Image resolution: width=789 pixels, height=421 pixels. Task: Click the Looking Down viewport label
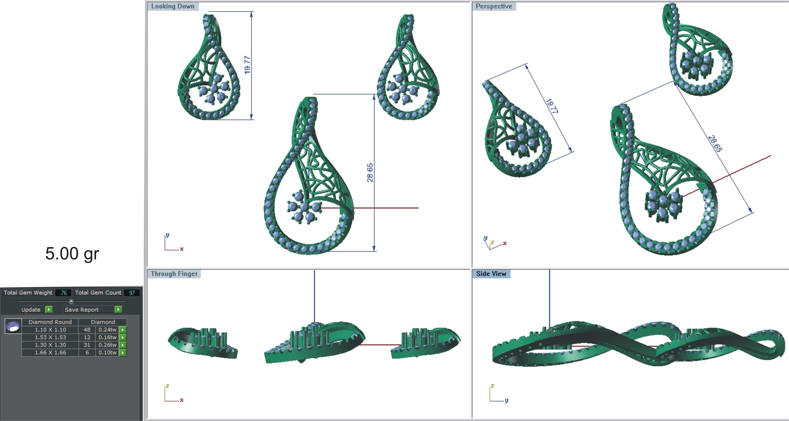[x=173, y=6]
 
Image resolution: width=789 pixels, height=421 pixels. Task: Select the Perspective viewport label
[x=494, y=6]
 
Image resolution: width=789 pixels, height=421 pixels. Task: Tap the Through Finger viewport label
[x=174, y=274]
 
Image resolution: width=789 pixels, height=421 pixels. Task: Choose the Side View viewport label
[x=491, y=274]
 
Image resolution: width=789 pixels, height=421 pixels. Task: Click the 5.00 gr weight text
[x=72, y=254]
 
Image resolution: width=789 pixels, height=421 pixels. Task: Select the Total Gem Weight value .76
[x=63, y=293]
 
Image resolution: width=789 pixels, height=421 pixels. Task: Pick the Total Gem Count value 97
[x=132, y=293]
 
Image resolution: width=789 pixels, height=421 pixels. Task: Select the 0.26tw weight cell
[x=107, y=345]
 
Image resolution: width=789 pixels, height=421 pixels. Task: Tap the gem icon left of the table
[x=13, y=326]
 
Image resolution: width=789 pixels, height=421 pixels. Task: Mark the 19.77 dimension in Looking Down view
[x=248, y=65]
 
